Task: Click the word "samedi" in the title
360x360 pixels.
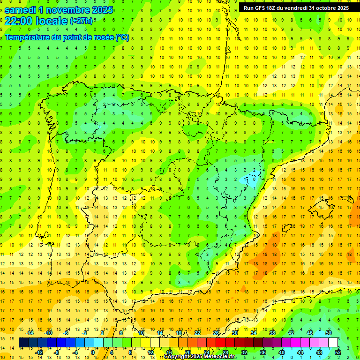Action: (x=22, y=10)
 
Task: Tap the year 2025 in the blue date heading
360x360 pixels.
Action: (x=99, y=10)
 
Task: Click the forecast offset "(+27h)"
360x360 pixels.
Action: (x=81, y=21)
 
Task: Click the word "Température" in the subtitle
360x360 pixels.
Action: (x=29, y=37)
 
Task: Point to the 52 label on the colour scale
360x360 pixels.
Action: (x=338, y=352)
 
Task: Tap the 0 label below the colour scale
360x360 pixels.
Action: (x=93, y=352)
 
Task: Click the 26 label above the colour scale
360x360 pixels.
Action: (x=216, y=333)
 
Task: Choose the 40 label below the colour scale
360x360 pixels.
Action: (x=282, y=352)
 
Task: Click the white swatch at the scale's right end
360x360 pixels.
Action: (x=333, y=343)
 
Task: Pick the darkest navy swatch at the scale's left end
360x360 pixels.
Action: (x=23, y=343)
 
